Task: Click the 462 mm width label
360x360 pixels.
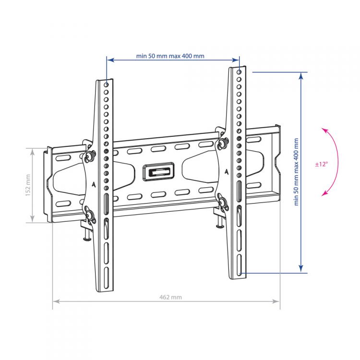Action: (x=170, y=297)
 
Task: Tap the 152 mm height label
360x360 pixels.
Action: (x=28, y=185)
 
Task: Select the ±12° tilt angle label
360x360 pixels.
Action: (x=322, y=164)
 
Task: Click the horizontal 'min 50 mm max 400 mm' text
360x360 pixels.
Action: (x=170, y=56)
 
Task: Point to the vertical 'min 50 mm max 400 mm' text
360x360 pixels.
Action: (x=296, y=172)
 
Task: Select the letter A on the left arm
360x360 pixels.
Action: (x=94, y=184)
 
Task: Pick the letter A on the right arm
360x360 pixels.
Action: (x=227, y=172)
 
